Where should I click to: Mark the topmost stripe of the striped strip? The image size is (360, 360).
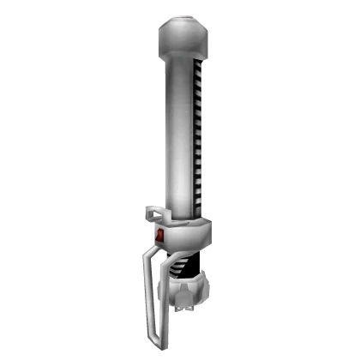point(200,62)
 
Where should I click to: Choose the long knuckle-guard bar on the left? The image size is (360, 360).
point(153,291)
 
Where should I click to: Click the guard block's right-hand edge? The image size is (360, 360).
point(207,234)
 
